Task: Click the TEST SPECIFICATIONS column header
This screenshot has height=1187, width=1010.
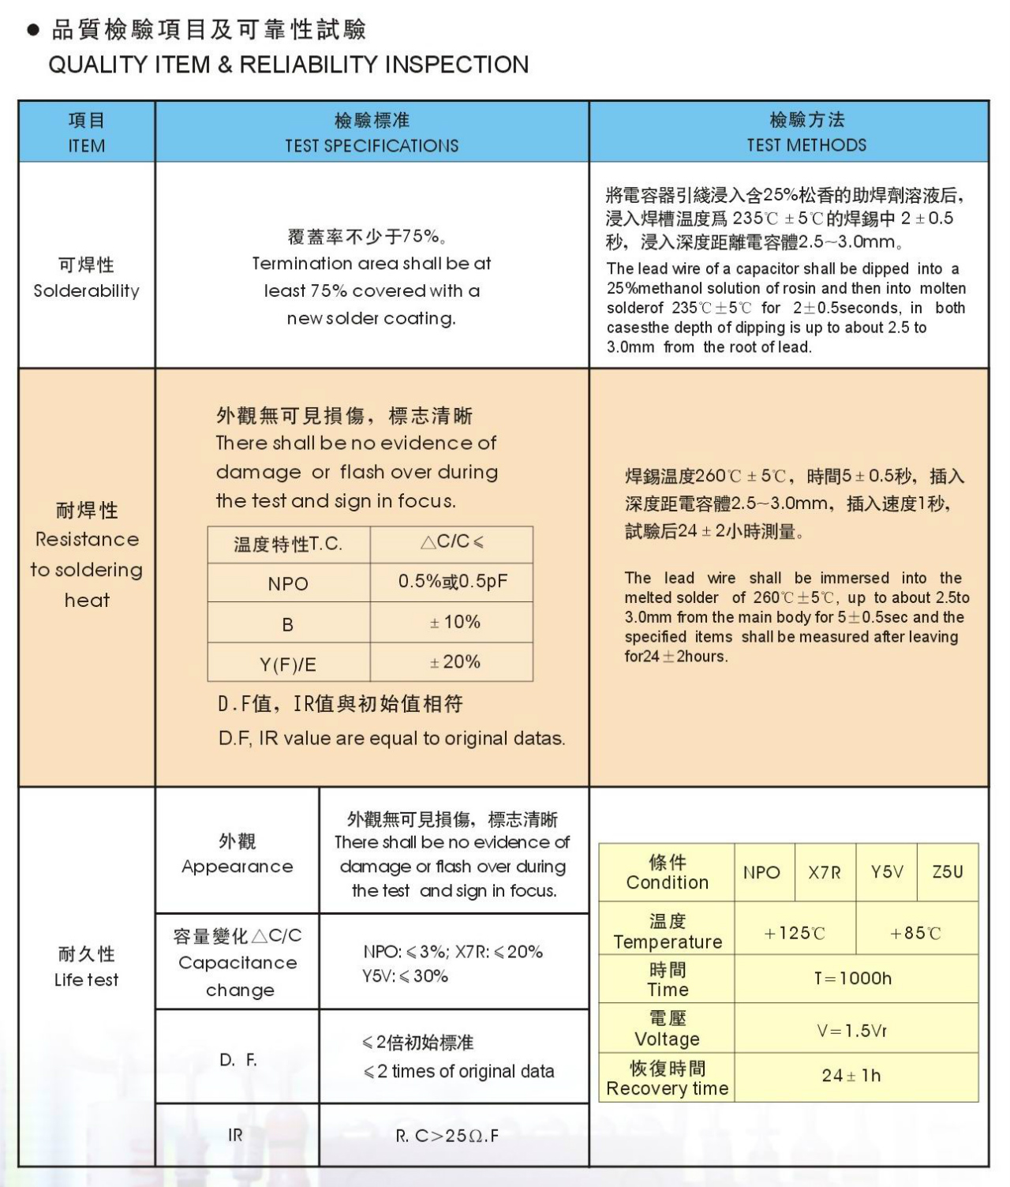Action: click(372, 133)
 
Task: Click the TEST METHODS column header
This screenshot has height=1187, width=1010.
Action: click(806, 133)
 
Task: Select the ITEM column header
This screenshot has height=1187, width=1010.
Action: click(87, 133)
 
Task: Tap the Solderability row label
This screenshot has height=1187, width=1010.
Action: click(87, 278)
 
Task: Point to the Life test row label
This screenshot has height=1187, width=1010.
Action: click(87, 967)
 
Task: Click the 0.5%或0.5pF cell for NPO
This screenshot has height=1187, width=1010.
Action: click(452, 582)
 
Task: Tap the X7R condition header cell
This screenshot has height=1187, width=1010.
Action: click(825, 873)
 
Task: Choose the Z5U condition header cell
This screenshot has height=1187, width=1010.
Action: click(948, 872)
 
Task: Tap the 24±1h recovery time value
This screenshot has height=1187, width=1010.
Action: click(851, 1076)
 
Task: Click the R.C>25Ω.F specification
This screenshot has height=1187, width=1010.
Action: click(447, 1136)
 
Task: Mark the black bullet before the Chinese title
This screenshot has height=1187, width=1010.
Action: click(33, 31)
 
